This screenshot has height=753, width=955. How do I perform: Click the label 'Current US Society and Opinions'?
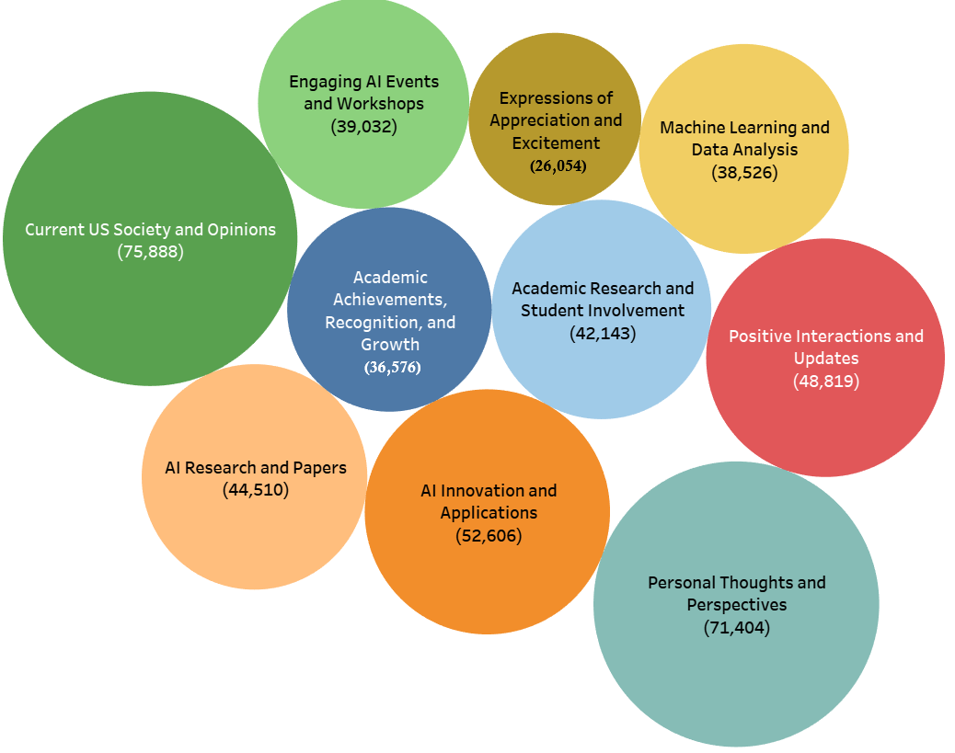tap(150, 230)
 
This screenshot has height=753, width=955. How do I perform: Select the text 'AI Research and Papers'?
tap(256, 468)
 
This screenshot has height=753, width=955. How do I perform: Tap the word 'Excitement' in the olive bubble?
tap(556, 143)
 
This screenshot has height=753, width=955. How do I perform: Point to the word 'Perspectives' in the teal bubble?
tap(736, 605)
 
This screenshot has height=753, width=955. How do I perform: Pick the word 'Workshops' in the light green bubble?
tap(380, 104)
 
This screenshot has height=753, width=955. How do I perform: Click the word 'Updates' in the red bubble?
tap(825, 359)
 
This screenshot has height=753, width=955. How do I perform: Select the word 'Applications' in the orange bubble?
tap(489, 513)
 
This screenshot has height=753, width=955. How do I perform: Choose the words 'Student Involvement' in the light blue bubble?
tap(603, 311)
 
